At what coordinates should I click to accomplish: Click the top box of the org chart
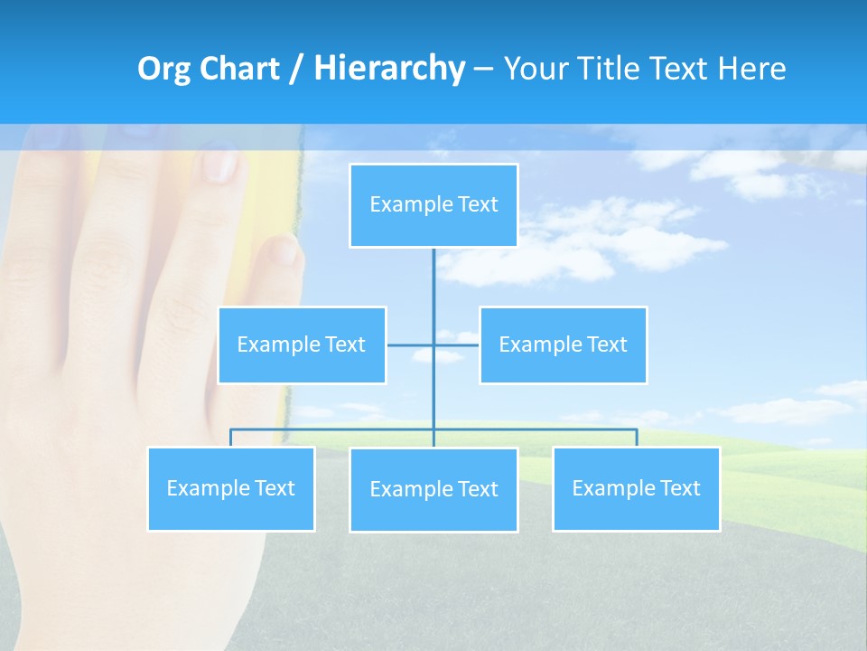433,205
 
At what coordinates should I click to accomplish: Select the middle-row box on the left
302,345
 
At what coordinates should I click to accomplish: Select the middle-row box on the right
563,345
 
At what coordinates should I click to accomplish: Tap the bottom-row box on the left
231,489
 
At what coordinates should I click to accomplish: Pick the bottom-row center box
433,490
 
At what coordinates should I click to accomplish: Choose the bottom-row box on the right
636,489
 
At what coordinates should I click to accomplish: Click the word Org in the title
162,69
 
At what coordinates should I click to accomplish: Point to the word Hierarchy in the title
388,69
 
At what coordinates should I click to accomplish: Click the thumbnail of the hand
108,362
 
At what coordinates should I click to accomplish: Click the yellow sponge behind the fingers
271,194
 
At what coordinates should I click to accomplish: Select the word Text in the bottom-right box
679,489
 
